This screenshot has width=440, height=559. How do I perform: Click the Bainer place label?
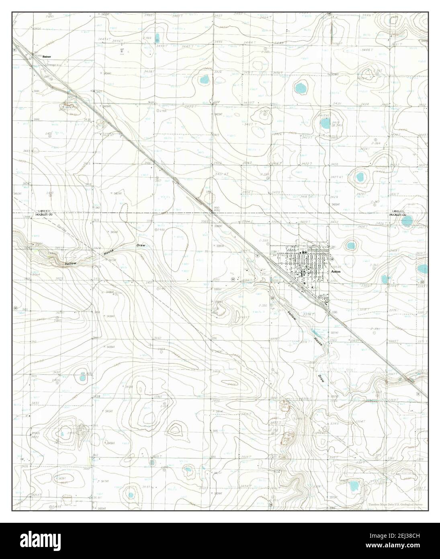click(x=47, y=57)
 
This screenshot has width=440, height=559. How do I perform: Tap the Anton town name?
click(x=336, y=272)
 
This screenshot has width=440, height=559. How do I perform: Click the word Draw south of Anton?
click(x=321, y=378)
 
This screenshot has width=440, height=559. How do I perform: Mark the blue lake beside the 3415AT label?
click(x=325, y=124)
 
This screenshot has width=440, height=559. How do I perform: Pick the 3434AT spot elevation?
click(x=106, y=74)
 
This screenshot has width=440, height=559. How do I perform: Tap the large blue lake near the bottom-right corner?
click(x=354, y=486)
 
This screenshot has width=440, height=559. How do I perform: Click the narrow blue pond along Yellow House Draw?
click(x=317, y=332)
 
